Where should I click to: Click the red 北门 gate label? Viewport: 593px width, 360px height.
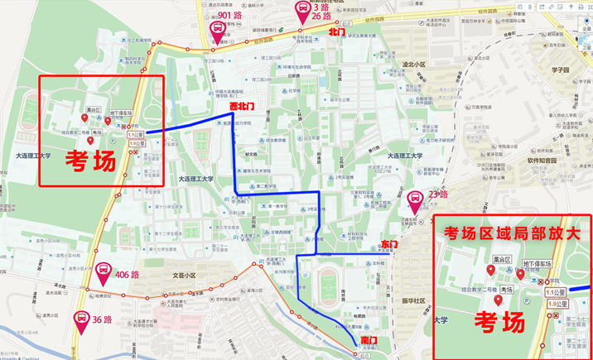337,32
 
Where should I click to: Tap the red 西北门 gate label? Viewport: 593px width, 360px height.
241,107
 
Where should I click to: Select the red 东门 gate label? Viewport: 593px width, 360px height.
390,245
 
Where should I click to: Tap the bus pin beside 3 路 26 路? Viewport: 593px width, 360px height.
306,13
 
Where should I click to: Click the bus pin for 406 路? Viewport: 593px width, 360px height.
104,271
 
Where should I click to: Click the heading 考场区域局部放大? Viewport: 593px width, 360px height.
511,233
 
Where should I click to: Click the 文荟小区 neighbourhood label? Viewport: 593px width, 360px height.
185,275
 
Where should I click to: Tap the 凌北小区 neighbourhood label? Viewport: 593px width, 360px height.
412,64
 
